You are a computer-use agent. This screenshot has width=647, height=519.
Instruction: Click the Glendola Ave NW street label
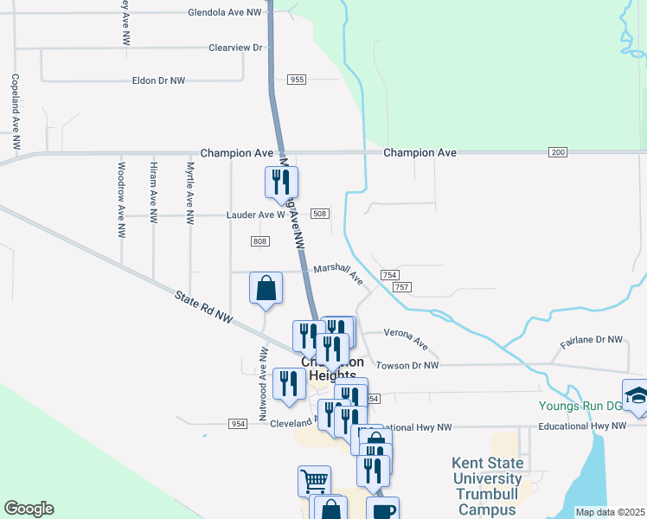pos(225,13)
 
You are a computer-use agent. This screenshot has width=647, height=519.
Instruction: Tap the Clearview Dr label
pos(234,48)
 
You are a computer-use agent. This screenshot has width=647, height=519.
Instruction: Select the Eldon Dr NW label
pos(158,80)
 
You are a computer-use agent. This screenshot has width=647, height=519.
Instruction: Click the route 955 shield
pos(297,80)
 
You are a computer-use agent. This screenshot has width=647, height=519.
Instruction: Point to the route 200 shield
pos(558,152)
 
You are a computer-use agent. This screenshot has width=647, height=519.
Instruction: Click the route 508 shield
pos(319,214)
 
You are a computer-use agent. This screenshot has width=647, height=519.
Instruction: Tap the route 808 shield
pos(260,240)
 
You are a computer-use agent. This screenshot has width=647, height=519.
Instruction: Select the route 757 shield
pos(401,286)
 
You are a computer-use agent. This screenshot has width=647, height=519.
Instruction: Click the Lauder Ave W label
pos(255,215)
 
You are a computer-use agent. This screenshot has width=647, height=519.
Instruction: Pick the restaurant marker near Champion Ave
pos(281,182)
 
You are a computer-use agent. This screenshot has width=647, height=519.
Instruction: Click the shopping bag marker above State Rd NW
pos(266,288)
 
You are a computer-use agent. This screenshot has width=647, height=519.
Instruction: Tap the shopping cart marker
pos(314,480)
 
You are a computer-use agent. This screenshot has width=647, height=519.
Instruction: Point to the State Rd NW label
pos(205,308)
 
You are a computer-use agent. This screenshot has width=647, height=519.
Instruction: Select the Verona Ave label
pos(407,338)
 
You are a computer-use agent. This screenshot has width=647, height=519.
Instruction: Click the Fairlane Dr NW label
pos(592,341)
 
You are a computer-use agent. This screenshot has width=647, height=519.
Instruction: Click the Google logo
pos(29,509)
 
